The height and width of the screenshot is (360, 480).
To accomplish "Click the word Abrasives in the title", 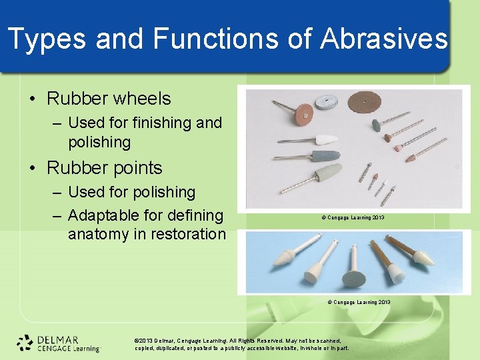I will point(383,39).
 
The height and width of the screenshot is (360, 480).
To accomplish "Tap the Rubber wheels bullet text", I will point(109,99).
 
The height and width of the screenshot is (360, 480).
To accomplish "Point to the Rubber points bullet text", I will point(105,168).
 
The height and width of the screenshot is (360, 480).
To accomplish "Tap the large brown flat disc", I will point(368,104).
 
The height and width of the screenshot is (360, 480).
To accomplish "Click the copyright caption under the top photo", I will point(353,218).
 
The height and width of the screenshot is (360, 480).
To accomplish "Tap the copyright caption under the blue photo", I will point(359,302).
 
